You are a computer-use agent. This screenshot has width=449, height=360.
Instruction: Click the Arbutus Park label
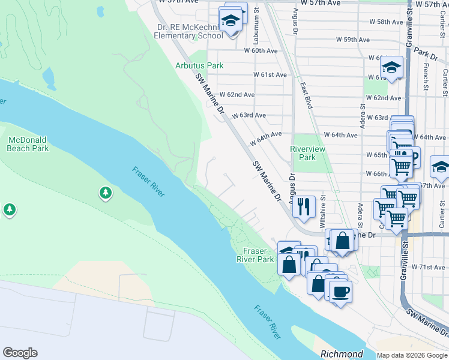pos(199,65)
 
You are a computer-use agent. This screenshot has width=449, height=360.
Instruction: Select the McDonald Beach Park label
pos(28,143)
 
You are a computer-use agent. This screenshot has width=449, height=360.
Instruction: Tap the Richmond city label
pos(342,354)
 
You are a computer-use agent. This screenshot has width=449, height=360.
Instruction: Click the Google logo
pos(20,353)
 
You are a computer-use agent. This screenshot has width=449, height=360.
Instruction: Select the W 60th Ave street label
pos(261,51)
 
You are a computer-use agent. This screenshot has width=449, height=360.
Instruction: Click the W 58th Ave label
pos(386,22)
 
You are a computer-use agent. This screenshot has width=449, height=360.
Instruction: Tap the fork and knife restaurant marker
pos(304,206)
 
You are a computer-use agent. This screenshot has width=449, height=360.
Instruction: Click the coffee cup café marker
pos(341,292)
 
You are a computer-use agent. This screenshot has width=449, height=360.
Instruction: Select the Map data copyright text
pos(412,355)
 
